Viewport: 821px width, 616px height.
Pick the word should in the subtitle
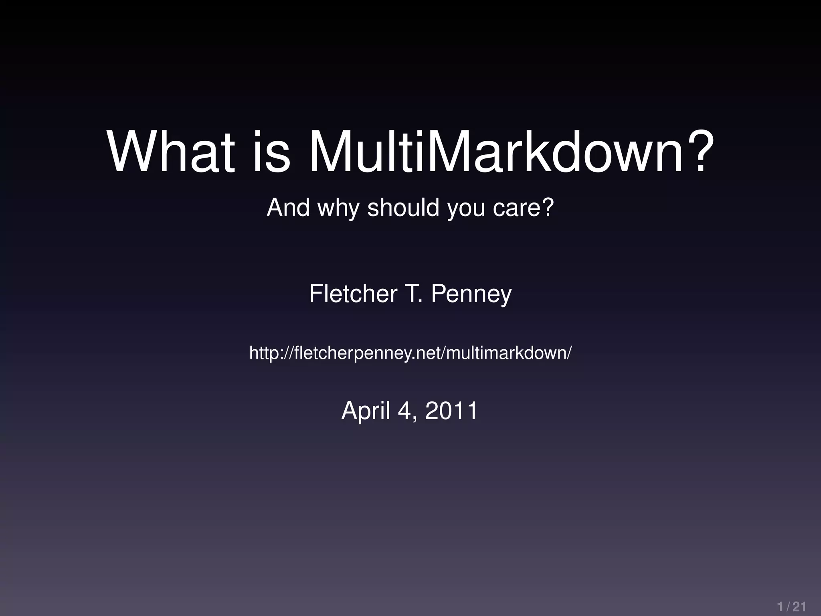tap(403, 207)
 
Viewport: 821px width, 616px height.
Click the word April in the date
tap(366, 410)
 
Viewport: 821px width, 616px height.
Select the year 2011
tap(451, 410)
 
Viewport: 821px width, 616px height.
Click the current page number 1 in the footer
tap(780, 606)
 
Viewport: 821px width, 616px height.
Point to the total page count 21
tap(799, 606)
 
